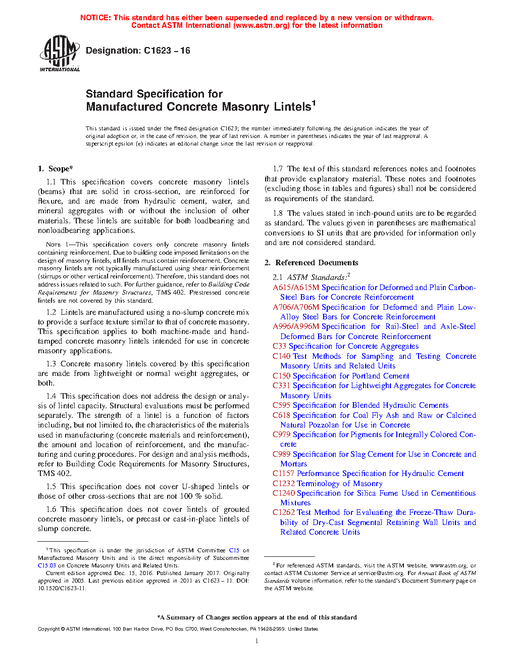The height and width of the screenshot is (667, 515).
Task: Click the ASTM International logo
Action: [x=59, y=53]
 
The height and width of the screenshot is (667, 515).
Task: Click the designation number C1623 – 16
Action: [x=167, y=51]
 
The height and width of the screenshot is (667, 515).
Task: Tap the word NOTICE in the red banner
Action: [x=95, y=18]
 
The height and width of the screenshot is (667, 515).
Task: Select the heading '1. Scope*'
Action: [x=56, y=169]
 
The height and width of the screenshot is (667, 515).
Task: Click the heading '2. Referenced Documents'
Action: [x=312, y=263]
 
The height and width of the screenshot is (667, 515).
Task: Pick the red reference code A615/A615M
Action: [x=296, y=288]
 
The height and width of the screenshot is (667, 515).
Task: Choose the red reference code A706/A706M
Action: [x=296, y=307]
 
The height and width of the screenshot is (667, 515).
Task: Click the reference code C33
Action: [x=279, y=346]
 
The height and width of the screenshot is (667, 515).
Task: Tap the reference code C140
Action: [x=281, y=356]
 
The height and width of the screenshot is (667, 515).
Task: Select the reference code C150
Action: [x=281, y=376]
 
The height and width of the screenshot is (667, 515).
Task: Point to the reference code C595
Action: [x=281, y=405]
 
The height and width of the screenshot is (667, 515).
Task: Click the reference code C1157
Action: [x=283, y=473]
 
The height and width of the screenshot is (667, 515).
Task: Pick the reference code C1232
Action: [x=283, y=484]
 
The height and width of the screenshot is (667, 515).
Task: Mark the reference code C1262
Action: [x=283, y=512]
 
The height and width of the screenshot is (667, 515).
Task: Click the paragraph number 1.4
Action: [x=51, y=396]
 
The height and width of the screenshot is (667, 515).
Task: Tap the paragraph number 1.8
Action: [x=278, y=213]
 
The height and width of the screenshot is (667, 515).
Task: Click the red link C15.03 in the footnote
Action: [x=47, y=565]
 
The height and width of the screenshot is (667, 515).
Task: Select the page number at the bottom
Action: [x=257, y=641]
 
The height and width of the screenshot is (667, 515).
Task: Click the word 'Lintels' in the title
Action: [x=292, y=107]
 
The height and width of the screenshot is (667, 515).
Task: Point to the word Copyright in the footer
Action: [x=48, y=629]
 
